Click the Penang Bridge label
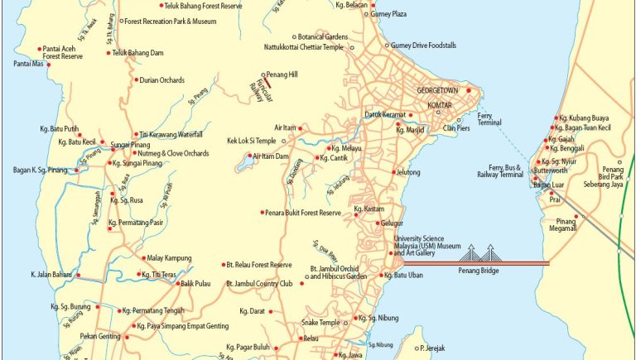[x=482, y=271]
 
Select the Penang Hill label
[x=281, y=74]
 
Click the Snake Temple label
[x=320, y=322]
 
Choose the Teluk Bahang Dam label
[x=140, y=53]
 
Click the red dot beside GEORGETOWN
[x=469, y=89]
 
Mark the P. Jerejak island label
[x=433, y=348]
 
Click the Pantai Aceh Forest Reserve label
[x=63, y=52]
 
